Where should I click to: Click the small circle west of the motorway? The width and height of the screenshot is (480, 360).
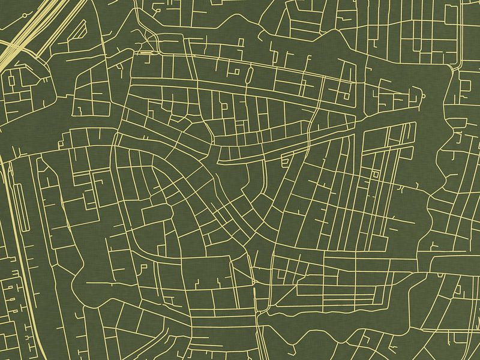tap(10, 78)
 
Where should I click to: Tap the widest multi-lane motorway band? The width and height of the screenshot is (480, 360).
tap(24, 36)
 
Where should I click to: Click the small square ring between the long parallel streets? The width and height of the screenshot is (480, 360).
tap(376, 174)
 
